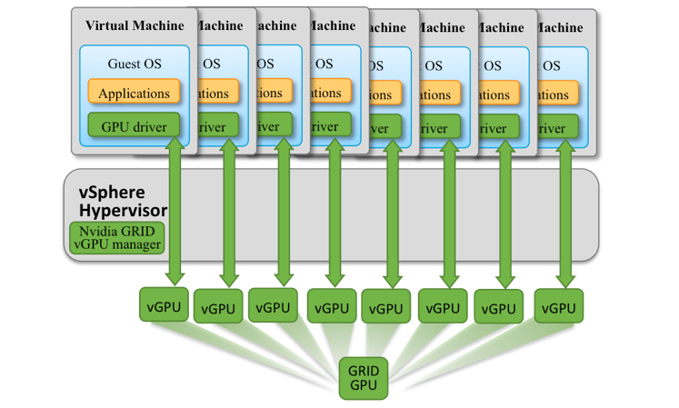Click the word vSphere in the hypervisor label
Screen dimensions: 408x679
tap(111, 194)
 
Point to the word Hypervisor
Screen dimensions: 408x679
tap(124, 211)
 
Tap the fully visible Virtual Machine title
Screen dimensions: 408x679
tap(135, 25)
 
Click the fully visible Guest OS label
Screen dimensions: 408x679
tap(135, 65)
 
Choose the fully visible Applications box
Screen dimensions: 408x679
tap(135, 93)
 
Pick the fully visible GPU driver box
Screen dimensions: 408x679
tap(135, 126)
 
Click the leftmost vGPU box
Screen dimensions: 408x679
tap(164, 304)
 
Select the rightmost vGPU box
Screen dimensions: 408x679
tap(559, 307)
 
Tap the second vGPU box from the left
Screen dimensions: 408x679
tap(218, 308)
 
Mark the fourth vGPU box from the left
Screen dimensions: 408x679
tap(332, 308)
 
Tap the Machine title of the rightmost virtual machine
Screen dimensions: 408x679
tap(560, 27)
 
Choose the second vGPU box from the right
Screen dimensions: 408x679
tap(499, 308)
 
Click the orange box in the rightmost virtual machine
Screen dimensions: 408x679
tap(551, 95)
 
